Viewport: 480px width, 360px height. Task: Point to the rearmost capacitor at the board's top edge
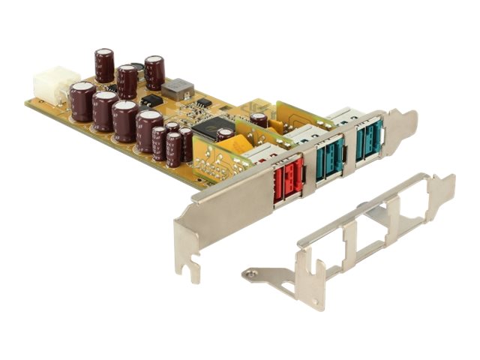click(154, 72)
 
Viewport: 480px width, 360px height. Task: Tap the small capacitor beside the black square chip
click(224, 136)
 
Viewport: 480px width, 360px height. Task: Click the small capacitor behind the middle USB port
click(259, 118)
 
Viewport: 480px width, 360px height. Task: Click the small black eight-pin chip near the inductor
click(151, 100)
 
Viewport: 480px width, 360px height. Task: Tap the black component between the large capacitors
click(136, 67)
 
